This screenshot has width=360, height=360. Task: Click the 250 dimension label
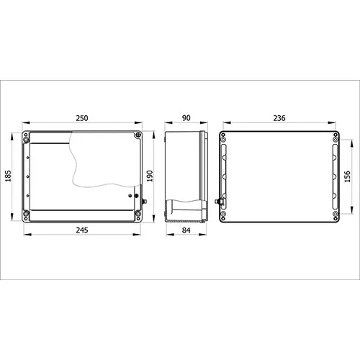[x=82, y=118]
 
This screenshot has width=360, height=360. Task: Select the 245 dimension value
[x=82, y=230]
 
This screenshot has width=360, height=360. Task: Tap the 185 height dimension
[x=8, y=176]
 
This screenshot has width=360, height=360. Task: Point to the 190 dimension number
[x=150, y=176]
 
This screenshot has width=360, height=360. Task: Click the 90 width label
[x=186, y=118]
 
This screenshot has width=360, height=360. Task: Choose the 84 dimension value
[x=186, y=230]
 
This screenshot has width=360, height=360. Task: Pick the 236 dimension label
[x=279, y=118]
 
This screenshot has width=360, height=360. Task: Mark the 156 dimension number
[x=347, y=176]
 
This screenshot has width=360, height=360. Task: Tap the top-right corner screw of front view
[x=138, y=135]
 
